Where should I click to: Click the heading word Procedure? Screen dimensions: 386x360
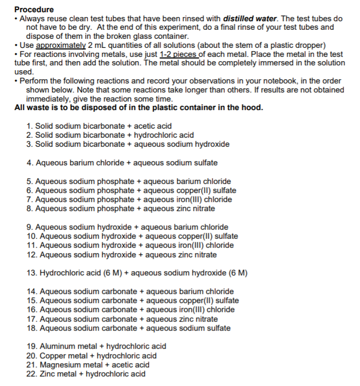(x=34, y=10)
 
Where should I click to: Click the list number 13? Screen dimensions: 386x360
(x=31, y=273)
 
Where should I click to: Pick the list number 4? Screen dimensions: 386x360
(x=29, y=163)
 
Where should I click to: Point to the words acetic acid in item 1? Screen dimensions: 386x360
(x=153, y=126)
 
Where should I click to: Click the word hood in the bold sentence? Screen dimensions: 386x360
(x=253, y=108)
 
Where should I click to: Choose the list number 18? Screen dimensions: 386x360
(x=31, y=328)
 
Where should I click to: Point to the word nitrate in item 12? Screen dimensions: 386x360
(x=204, y=255)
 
